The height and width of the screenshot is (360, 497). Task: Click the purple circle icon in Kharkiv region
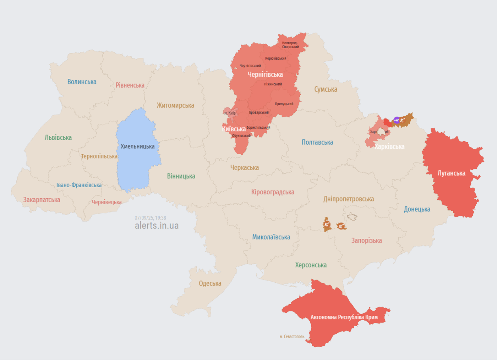point(397,120)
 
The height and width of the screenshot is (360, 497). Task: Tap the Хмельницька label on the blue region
point(137,146)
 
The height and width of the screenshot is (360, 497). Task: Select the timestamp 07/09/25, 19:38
point(150,218)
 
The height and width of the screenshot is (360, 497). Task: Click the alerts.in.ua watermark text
point(157,226)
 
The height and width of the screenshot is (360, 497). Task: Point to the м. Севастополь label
point(292,337)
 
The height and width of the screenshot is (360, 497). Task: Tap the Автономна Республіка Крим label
point(344,317)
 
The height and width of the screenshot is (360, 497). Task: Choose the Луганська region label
point(451,173)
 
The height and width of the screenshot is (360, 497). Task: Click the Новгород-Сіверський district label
point(290,45)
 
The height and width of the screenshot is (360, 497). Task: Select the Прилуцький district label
point(284,104)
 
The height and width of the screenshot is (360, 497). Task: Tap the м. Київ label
point(230,113)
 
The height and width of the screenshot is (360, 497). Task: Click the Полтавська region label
point(317,142)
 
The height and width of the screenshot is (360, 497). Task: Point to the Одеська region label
point(210,283)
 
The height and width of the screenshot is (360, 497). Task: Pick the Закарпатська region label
point(42,200)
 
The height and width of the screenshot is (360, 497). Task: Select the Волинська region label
point(82,82)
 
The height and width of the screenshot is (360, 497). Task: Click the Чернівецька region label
point(106,202)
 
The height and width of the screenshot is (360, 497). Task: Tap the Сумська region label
point(326,89)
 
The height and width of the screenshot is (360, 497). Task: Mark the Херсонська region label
point(311,265)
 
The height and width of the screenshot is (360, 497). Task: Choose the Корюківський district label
point(275,59)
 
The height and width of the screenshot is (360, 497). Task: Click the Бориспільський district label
point(258,127)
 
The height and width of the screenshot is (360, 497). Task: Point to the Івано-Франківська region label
point(79,185)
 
